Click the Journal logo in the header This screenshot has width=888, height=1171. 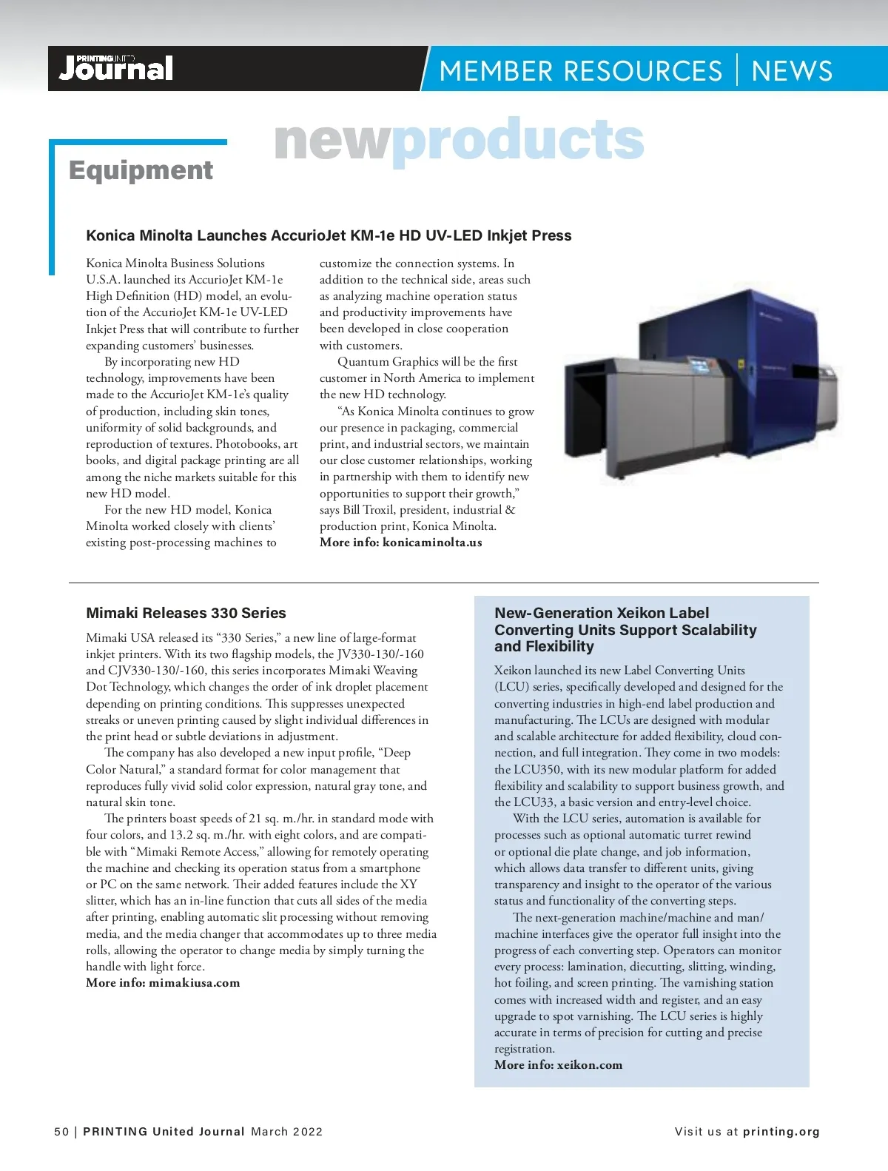point(116,68)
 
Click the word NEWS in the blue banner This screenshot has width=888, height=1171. point(791,71)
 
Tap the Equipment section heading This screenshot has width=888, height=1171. point(141,170)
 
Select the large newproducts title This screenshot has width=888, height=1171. point(459,140)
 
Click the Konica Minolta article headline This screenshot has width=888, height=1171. point(329,235)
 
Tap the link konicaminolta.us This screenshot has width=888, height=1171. point(432,543)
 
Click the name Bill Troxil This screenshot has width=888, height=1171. point(368,510)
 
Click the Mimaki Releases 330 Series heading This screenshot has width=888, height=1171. point(186,613)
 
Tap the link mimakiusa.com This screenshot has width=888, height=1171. point(194,983)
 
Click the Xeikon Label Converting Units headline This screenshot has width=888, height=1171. point(625,630)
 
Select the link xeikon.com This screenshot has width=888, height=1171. point(589,1065)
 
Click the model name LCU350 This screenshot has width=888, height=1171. point(537,770)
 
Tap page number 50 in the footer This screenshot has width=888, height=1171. point(61,1132)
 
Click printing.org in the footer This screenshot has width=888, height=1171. point(781,1132)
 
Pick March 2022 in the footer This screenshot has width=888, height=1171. point(286,1132)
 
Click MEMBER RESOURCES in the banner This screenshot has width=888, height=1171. point(580,71)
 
